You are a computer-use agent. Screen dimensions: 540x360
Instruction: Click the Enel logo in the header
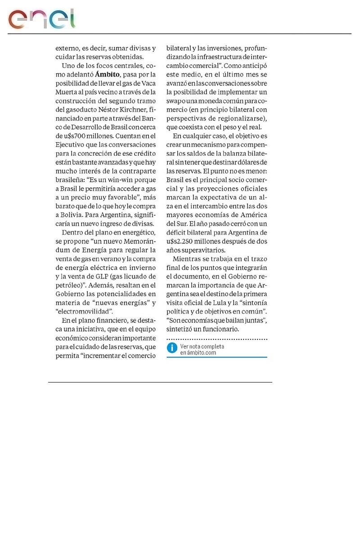(41, 18)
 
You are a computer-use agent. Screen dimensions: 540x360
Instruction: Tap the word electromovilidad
(84, 310)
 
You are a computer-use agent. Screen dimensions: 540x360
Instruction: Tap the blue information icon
(172, 348)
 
